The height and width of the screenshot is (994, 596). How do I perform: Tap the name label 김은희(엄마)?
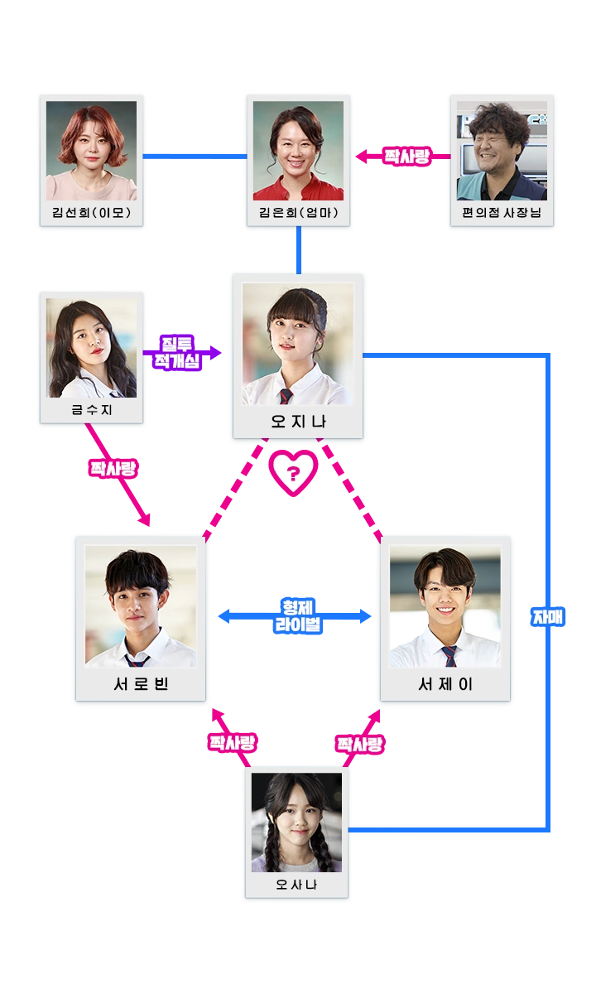coord(298,213)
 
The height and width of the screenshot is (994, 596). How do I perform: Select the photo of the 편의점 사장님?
coord(502,149)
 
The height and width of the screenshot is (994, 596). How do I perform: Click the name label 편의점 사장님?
coord(502,213)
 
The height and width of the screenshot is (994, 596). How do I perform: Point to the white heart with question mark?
coord(293,473)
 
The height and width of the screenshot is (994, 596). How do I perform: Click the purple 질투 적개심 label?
coord(179,354)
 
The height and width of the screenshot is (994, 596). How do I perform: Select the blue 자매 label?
coord(549,617)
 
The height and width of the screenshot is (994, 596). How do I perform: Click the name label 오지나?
coord(298,422)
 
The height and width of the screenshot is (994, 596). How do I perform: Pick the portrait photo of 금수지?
coord(91,348)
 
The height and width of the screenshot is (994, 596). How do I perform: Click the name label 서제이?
coord(445,684)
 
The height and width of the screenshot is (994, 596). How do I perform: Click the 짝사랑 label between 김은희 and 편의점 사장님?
coord(406,157)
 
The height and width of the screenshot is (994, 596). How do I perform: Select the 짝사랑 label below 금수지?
coord(113,468)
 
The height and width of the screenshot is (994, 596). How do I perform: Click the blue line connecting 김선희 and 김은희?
coord(195,157)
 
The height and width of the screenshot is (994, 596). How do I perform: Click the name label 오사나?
coord(296,885)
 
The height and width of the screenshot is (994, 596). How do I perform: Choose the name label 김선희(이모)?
coord(91,213)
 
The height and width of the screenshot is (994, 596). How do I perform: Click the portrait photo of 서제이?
coord(445,606)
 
